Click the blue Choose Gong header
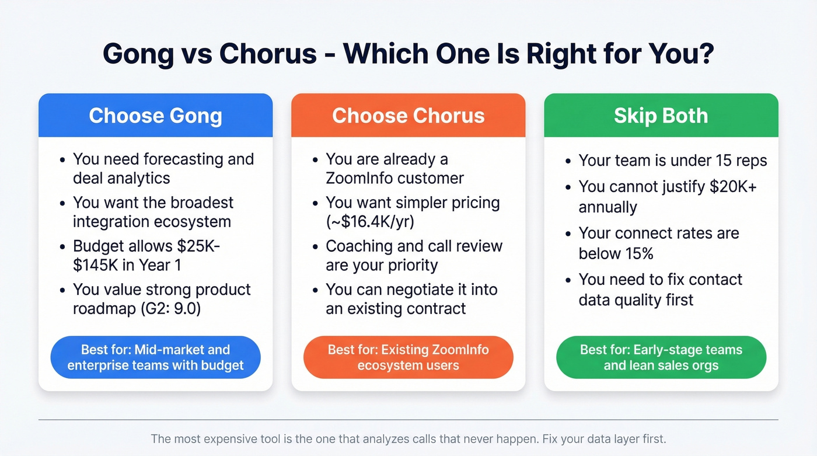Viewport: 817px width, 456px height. click(x=155, y=115)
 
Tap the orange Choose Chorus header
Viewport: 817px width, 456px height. click(x=408, y=115)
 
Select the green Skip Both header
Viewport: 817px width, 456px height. click(x=661, y=115)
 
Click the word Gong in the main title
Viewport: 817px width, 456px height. click(x=138, y=54)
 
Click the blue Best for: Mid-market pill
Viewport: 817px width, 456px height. click(x=155, y=357)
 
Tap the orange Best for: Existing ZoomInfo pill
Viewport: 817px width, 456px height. click(x=408, y=357)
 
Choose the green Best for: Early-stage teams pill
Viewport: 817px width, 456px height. click(x=661, y=357)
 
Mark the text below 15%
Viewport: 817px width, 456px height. click(x=616, y=253)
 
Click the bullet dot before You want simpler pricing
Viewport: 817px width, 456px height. click(x=315, y=203)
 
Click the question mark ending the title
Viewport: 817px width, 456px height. click(x=706, y=54)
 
